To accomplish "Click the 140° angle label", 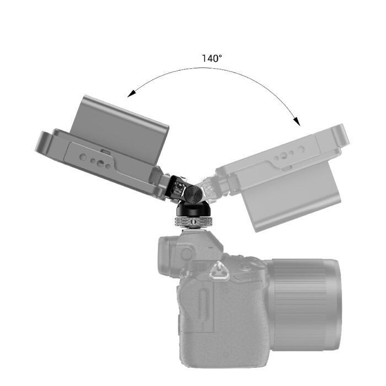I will (x=212, y=58).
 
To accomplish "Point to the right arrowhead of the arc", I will (x=296, y=120).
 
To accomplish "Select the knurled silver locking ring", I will (x=192, y=222).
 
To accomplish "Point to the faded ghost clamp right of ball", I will (x=212, y=187).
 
